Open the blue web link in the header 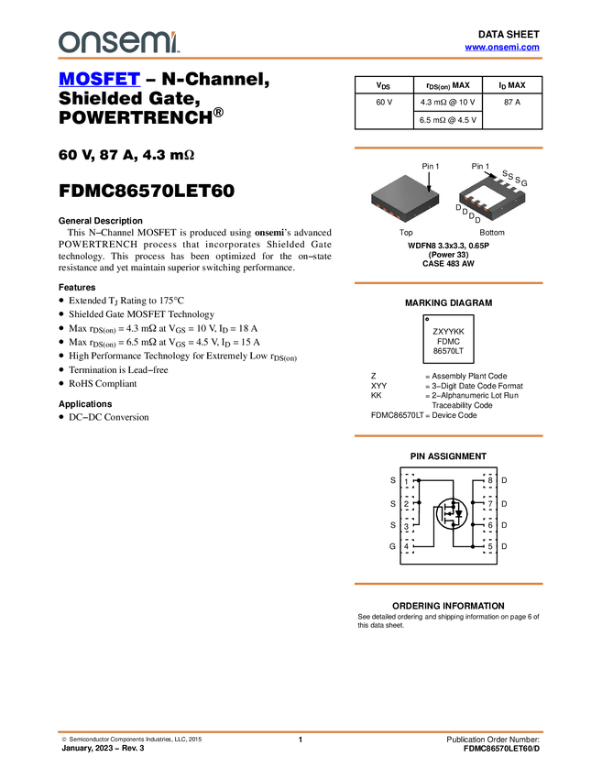point(501,47)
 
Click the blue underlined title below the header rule point(99,80)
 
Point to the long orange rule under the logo point(301,59)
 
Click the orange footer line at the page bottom point(301,731)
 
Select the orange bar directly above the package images point(448,148)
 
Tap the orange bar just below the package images point(448,283)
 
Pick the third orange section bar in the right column point(448,436)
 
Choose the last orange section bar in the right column point(448,584)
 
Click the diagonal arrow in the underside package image point(490,172)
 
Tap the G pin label point(524,184)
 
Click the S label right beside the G point(517,181)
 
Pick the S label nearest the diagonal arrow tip point(504,173)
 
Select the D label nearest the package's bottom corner point(477,220)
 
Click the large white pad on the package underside point(488,194)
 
